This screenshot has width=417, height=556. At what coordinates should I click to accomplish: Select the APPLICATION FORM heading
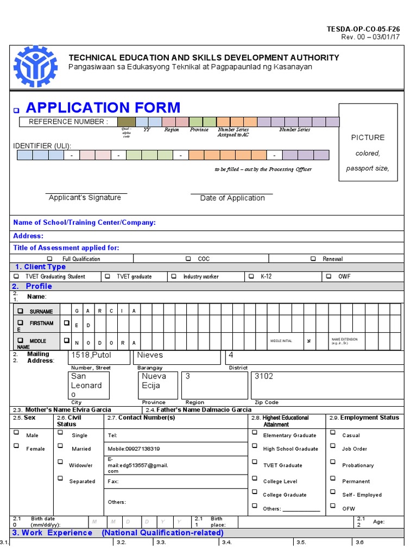click(x=103, y=108)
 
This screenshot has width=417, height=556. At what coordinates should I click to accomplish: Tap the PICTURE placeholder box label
click(x=368, y=137)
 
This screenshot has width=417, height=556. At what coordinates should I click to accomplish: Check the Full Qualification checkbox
click(x=50, y=259)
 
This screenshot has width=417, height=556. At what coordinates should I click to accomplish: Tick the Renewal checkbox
click(x=313, y=259)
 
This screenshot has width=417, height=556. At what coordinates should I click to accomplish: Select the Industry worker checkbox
click(x=174, y=276)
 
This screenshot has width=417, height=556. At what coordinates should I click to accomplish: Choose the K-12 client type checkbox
click(x=251, y=276)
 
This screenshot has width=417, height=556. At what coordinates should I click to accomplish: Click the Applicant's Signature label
click(x=85, y=198)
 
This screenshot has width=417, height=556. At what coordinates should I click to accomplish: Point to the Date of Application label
click(x=232, y=198)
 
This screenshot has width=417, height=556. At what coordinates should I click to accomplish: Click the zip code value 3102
click(x=264, y=376)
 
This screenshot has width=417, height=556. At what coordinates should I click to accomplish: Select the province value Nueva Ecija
click(x=154, y=381)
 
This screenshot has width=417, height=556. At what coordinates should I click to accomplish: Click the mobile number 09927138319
click(x=134, y=449)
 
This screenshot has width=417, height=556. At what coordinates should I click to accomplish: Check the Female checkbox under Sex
click(x=16, y=446)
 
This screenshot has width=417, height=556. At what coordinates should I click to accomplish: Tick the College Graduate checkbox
click(x=254, y=492)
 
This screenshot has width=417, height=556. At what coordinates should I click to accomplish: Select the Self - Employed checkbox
click(x=332, y=492)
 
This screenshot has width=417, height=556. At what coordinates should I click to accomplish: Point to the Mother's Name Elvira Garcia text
click(x=69, y=409)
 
